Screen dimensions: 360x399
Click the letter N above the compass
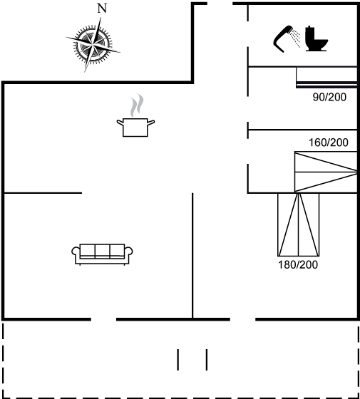[x=102, y=9]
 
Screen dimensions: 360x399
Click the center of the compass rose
[x=93, y=45]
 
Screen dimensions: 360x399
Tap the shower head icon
[x=284, y=39]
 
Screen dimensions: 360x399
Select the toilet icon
[x=317, y=38]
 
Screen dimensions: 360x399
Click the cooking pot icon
[x=135, y=128]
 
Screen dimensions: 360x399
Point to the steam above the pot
[x=137, y=105]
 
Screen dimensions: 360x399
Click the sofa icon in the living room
[x=102, y=254]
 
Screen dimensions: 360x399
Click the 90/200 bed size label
[x=329, y=97]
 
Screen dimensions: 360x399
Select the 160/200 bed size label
[x=329, y=142]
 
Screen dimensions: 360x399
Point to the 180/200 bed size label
[x=298, y=265]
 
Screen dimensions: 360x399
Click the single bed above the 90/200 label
[x=326, y=78]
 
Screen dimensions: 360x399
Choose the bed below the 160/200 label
[x=326, y=172]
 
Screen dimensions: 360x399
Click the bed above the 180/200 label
[x=299, y=224]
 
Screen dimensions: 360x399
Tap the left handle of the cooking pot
[x=120, y=123]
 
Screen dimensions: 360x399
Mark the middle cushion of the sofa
[x=103, y=251]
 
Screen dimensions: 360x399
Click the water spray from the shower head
[x=296, y=38]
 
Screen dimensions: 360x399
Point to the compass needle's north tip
[x=101, y=18]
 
